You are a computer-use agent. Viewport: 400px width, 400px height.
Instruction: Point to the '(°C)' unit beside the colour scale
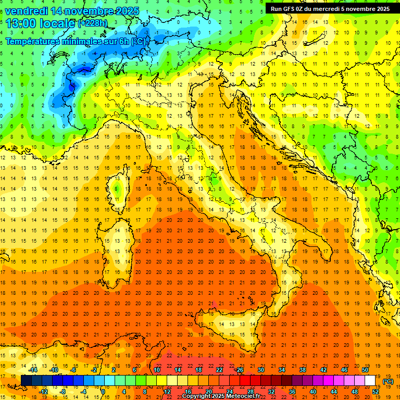[x=388, y=381]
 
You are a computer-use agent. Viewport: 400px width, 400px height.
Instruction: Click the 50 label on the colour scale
[x=365, y=370]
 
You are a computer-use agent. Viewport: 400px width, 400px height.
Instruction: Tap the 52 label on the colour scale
[x=376, y=392]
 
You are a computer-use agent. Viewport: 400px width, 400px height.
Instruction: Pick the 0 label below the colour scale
[x=103, y=392]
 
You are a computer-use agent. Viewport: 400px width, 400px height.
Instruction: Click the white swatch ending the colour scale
[x=370, y=381]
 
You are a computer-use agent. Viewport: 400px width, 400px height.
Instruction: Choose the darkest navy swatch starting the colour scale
[x=26, y=381]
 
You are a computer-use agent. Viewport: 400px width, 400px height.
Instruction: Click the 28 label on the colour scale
[x=250, y=392]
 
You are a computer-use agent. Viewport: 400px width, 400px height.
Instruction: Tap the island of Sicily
[x=229, y=328]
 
